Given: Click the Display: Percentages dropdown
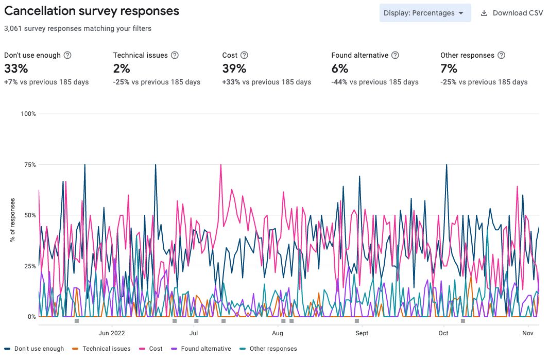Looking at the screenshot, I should [425, 13].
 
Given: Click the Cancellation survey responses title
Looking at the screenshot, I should [92, 11].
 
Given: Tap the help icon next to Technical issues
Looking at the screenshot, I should [175, 55].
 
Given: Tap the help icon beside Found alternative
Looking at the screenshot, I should [395, 55].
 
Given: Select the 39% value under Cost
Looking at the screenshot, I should [234, 68].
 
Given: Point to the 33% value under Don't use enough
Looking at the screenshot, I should [16, 68].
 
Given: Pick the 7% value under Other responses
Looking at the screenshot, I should [449, 68].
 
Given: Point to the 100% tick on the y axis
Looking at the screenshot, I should [28, 114].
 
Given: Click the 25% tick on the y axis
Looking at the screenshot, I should [29, 266].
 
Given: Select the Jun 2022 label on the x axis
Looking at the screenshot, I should [112, 333].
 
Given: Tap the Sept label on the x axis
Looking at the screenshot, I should [362, 333].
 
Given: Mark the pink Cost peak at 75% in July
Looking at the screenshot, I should [220, 165].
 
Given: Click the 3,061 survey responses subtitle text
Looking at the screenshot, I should [78, 28].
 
